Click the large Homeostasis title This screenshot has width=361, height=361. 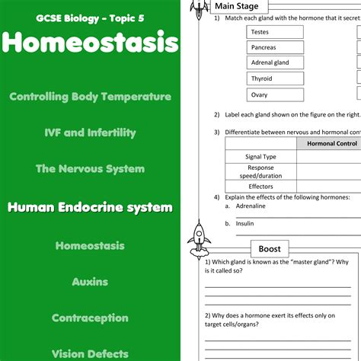[x=90, y=43]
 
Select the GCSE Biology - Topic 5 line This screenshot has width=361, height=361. [x=90, y=16]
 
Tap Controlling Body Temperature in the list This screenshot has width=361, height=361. [x=90, y=97]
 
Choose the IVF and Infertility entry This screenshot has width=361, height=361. [x=90, y=133]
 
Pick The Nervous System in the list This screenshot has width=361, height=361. [x=90, y=168]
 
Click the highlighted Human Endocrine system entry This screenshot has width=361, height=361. [x=90, y=207]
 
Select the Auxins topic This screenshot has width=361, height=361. [x=90, y=282]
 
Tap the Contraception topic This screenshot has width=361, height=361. [x=90, y=318]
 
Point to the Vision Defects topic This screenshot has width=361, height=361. [x=90, y=353]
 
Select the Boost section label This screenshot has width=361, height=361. [x=270, y=249]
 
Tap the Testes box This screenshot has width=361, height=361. [x=274, y=32]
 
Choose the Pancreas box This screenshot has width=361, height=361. [x=274, y=47]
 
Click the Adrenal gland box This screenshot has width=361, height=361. [x=274, y=62]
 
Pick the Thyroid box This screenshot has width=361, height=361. [x=274, y=78]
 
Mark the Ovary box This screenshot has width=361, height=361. [x=274, y=94]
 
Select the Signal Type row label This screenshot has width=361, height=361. [x=260, y=157]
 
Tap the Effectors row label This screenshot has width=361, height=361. [x=260, y=187]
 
